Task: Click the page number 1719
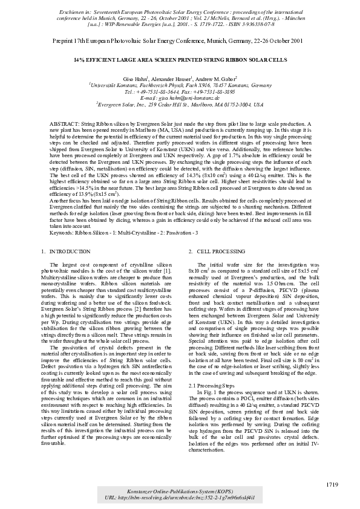[332, 485]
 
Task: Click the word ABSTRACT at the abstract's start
[61, 123]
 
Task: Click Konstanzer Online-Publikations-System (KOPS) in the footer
[180, 490]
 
